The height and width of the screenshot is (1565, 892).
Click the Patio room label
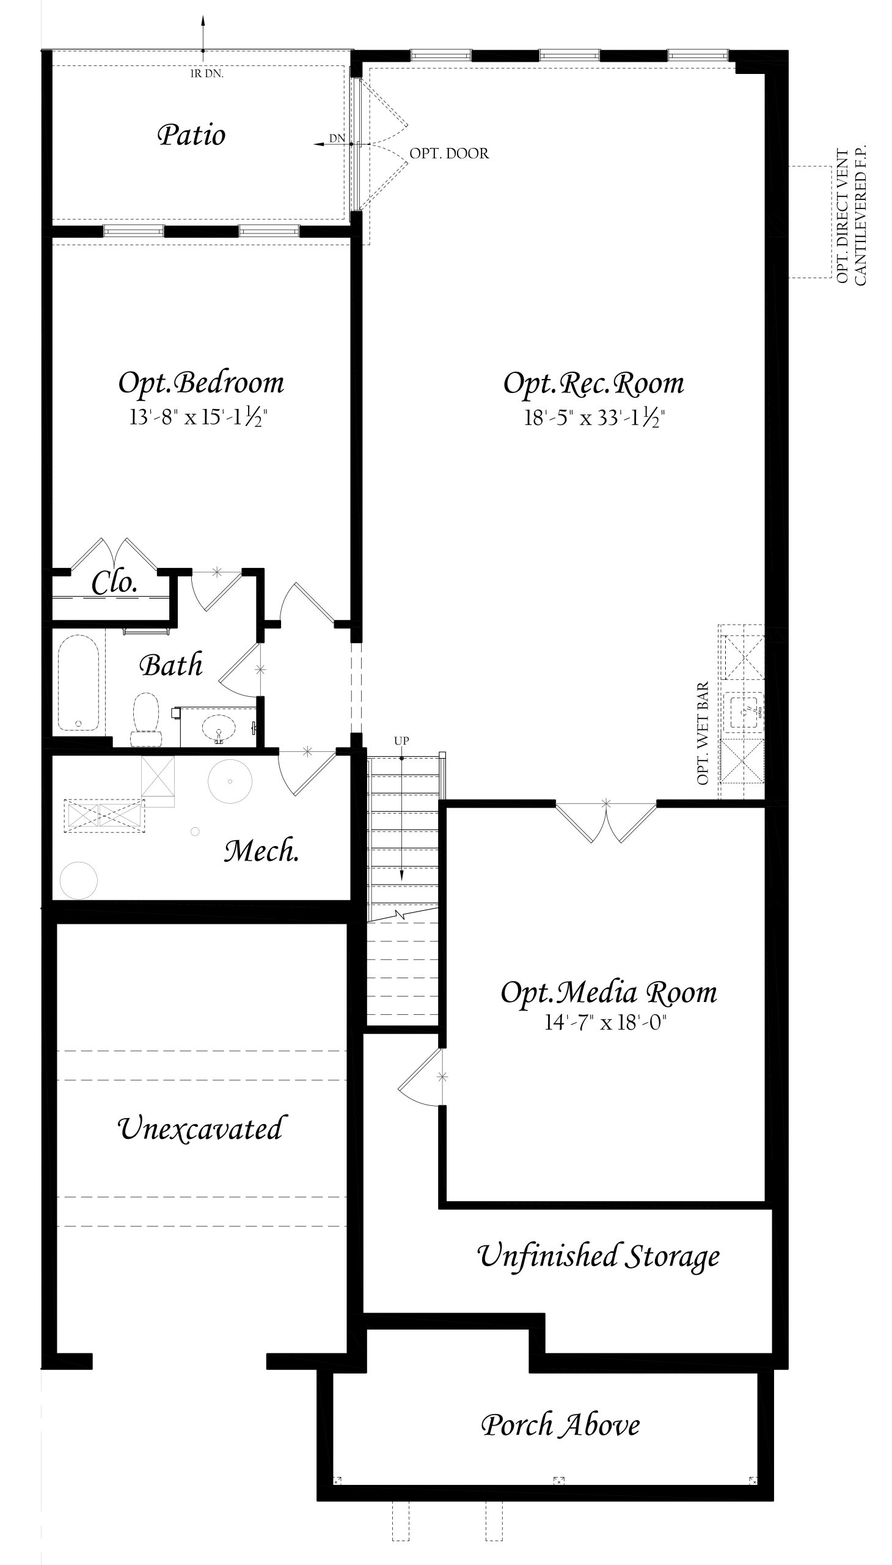pyautogui.click(x=191, y=135)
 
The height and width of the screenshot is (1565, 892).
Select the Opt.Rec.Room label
pyautogui.click(x=594, y=384)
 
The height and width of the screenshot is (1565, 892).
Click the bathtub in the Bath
pyautogui.click(x=78, y=682)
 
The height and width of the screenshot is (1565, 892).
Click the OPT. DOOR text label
pyautogui.click(x=449, y=153)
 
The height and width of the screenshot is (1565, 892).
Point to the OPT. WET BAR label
pyautogui.click(x=703, y=733)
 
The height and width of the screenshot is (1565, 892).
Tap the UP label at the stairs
pyautogui.click(x=401, y=740)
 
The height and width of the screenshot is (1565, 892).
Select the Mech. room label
pyautogui.click(x=261, y=851)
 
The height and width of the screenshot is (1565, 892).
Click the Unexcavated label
pyautogui.click(x=199, y=1129)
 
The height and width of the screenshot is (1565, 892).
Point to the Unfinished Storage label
pyautogui.click(x=598, y=1256)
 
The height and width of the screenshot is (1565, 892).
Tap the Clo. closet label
pyautogui.click(x=115, y=583)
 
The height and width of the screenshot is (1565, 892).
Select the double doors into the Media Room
pyautogui.click(x=606, y=822)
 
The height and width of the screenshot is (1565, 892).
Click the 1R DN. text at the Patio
pyautogui.click(x=207, y=74)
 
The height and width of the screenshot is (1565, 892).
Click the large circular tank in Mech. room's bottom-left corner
pyautogui.click(x=78, y=880)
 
